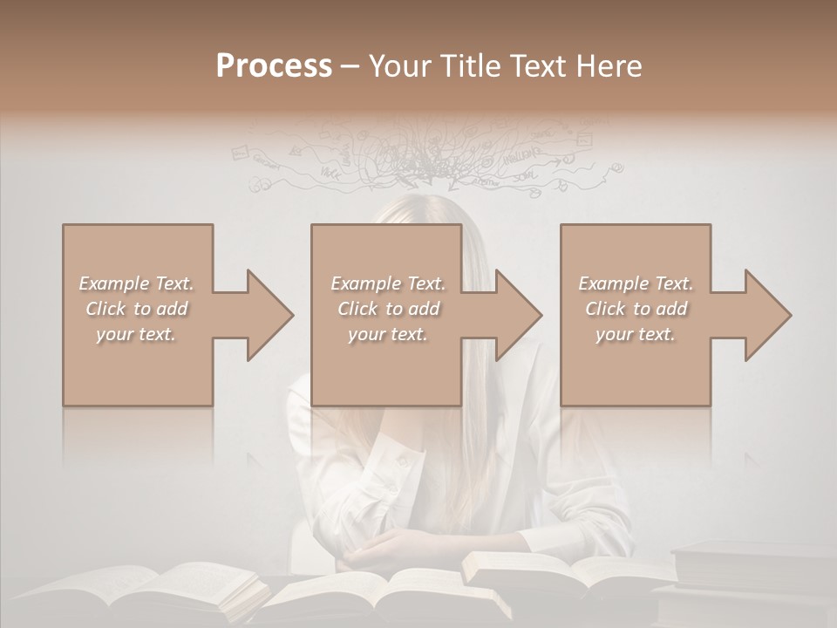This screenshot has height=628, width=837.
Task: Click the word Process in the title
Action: pyautogui.click(x=274, y=66)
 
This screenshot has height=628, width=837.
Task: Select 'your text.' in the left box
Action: pyautogui.click(x=136, y=334)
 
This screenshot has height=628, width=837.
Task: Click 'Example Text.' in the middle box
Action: pyautogui.click(x=387, y=283)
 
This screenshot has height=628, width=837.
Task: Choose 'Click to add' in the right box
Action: pyautogui.click(x=635, y=309)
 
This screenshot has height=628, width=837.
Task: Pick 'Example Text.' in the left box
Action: pyautogui.click(x=136, y=283)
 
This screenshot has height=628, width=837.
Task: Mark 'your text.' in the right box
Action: pyautogui.click(x=635, y=334)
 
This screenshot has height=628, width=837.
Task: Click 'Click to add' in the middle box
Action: pyautogui.click(x=387, y=309)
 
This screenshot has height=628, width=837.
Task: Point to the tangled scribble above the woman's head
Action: pyautogui.click(x=427, y=157)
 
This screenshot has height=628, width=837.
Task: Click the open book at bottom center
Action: pyautogui.click(x=392, y=597)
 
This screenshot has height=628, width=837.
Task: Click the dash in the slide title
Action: pyautogui.click(x=350, y=66)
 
